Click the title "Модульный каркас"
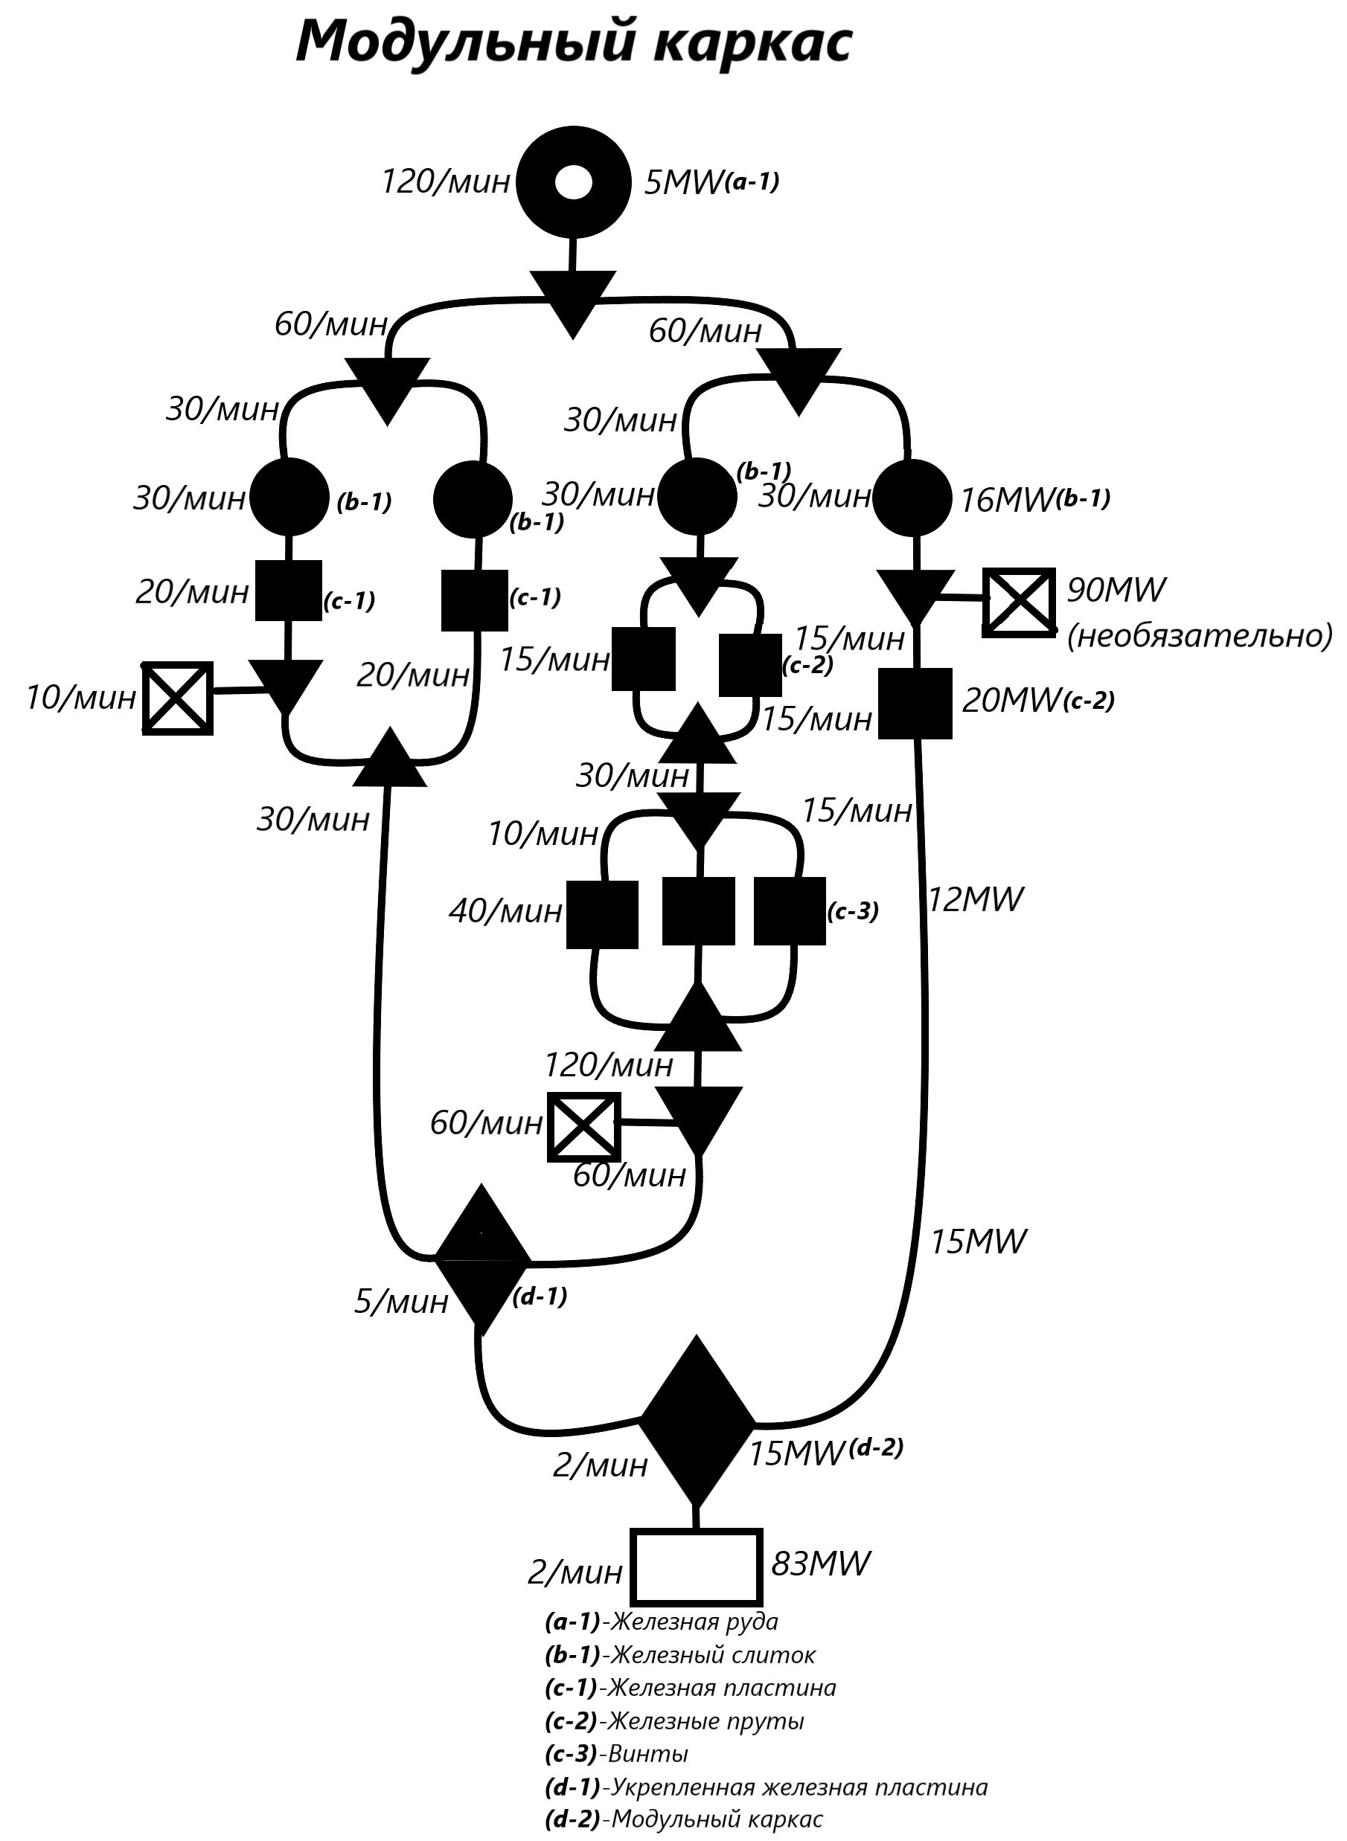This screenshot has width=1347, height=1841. click(x=573, y=42)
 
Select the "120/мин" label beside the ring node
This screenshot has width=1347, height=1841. click(x=446, y=181)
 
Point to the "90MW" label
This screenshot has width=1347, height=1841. click(x=1116, y=589)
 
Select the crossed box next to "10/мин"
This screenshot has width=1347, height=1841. click(x=178, y=698)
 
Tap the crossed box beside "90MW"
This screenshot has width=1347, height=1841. click(x=1018, y=603)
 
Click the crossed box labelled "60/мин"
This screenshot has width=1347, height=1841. click(x=583, y=1126)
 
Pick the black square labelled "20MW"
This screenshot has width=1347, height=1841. click(x=915, y=704)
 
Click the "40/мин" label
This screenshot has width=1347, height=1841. click(x=505, y=910)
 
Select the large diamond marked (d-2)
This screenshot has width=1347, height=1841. click(x=697, y=1421)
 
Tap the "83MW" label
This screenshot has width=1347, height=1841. click(x=820, y=1563)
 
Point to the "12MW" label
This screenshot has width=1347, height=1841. click(x=975, y=900)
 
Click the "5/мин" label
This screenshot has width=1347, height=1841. click(x=401, y=1302)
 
